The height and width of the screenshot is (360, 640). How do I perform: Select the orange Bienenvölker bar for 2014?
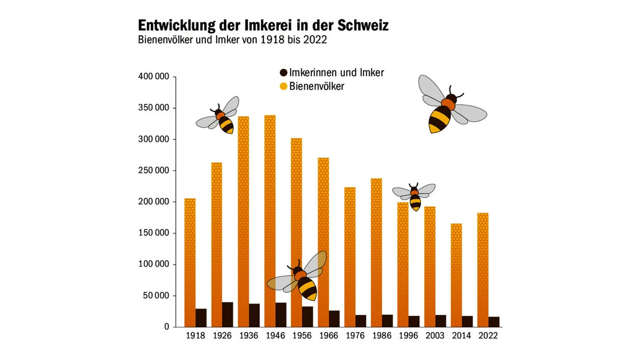point(456,270)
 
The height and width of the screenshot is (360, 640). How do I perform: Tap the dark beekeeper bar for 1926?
point(227,314)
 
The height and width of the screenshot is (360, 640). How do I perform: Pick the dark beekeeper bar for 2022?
point(494,321)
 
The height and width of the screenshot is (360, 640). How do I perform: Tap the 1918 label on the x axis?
point(196,336)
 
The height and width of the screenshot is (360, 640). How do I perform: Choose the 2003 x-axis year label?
point(435,336)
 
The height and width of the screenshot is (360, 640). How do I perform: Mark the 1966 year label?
point(329,336)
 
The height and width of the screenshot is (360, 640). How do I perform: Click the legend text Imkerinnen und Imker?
point(336,73)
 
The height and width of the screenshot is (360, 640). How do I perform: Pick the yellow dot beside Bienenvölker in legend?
point(284,87)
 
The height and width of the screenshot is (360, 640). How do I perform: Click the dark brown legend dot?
point(284,73)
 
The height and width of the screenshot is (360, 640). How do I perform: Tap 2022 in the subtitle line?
point(315,40)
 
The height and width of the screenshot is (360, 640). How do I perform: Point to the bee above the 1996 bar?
point(415,197)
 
